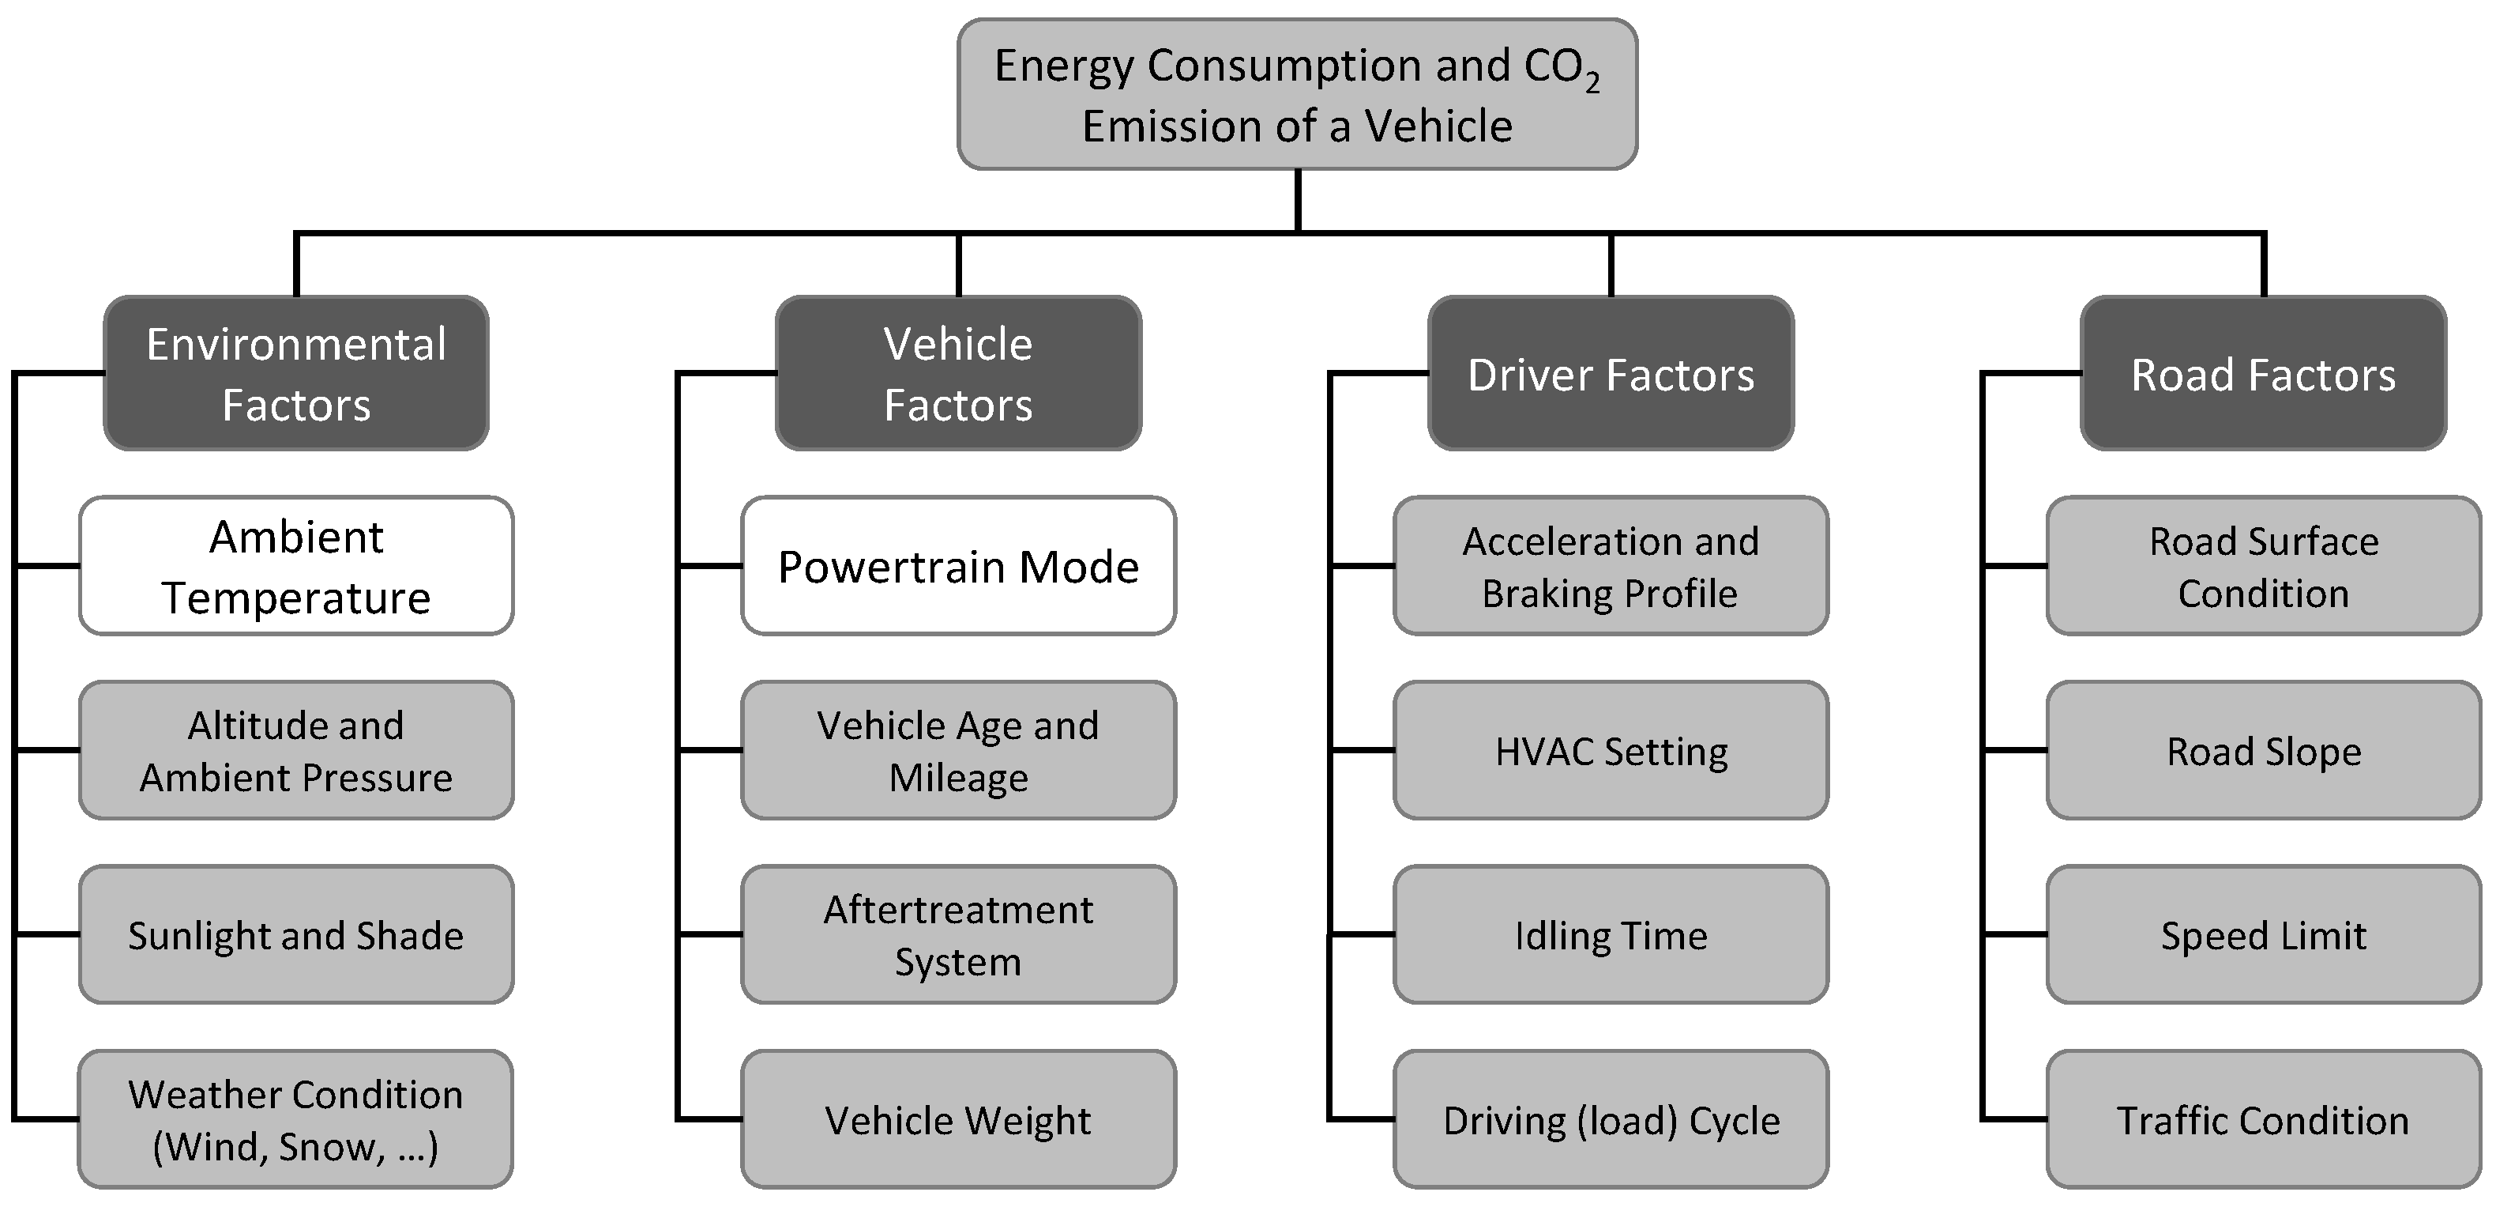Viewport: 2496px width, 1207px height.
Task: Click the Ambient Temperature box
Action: pos(295,566)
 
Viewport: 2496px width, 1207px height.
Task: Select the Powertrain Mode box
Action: pos(958,566)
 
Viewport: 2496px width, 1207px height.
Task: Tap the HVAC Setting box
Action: pos(1611,750)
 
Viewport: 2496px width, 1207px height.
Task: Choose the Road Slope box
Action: pos(2264,750)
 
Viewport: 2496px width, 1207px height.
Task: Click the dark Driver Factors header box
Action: pos(1611,373)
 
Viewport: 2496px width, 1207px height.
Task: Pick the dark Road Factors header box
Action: pos(2264,373)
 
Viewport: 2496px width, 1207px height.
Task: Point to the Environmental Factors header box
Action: pos(295,373)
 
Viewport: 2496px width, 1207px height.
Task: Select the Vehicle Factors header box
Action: pos(958,373)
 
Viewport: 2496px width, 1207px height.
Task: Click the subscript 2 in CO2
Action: pos(1592,85)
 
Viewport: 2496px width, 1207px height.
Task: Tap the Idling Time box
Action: pos(1611,934)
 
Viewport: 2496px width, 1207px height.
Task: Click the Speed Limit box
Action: pos(2264,934)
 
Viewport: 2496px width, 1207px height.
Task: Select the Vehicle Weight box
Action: pos(958,1120)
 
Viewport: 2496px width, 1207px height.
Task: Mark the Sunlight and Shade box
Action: pos(295,934)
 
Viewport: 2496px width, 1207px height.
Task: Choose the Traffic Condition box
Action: pos(2264,1120)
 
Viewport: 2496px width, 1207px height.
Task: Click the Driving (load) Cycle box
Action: pos(1611,1120)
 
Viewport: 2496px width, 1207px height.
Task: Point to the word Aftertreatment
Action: pos(958,909)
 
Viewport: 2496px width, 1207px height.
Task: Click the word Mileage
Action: pos(958,778)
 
